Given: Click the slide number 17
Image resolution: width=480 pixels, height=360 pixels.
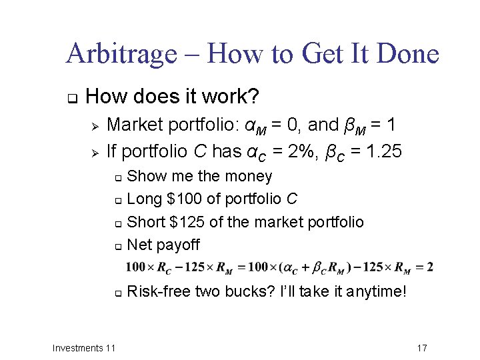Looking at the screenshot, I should coord(421,348).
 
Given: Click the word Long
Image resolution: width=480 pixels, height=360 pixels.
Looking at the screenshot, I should coord(141,199).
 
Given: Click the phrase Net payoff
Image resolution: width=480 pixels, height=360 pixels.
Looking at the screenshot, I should coord(163,245).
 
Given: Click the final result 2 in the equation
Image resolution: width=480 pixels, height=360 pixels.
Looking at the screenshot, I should coord(430,267).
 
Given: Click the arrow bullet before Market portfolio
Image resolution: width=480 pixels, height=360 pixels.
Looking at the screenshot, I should coord(95,125).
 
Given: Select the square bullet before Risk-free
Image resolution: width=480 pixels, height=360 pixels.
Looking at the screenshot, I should coord(117,292).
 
